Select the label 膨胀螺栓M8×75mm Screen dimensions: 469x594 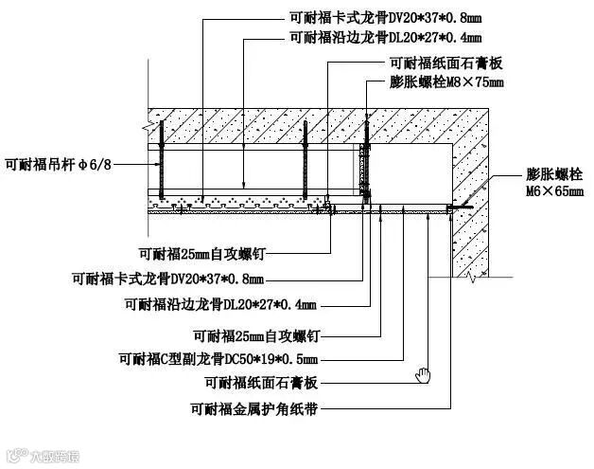(x=446, y=82)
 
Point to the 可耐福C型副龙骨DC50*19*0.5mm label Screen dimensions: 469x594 (x=218, y=358)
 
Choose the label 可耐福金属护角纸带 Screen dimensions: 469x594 (x=253, y=410)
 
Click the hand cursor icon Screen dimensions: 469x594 (x=423, y=374)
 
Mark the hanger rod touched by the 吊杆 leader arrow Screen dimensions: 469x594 (x=163, y=162)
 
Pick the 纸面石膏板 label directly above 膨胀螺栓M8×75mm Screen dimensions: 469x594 (x=444, y=63)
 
